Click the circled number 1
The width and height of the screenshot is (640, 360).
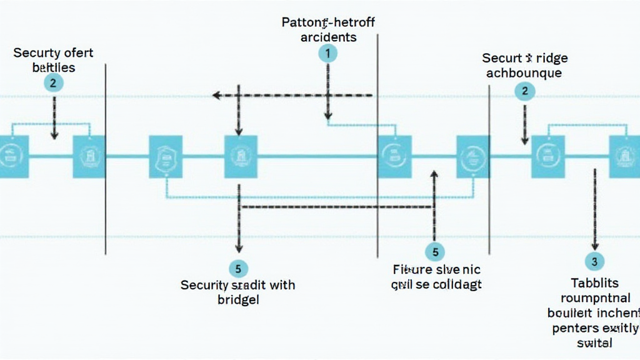pyautogui.click(x=327, y=54)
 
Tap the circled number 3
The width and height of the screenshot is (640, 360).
pyautogui.click(x=594, y=261)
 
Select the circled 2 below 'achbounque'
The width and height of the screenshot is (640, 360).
pyautogui.click(x=524, y=91)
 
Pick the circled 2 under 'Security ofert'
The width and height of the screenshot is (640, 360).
pyautogui.click(x=53, y=82)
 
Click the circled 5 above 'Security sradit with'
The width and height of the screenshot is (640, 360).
pyautogui.click(x=238, y=269)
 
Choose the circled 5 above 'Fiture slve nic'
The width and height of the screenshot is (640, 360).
pyautogui.click(x=435, y=252)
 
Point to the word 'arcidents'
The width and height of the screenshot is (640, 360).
pyautogui.click(x=328, y=37)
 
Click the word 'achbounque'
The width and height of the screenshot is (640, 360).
pyautogui.click(x=524, y=72)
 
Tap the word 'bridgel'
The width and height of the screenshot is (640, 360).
pyautogui.click(x=238, y=299)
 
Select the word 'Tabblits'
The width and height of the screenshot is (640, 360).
pyautogui.click(x=594, y=283)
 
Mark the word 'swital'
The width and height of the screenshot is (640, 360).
pyautogui.click(x=594, y=342)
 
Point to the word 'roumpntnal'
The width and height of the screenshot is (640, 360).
pyautogui.click(x=595, y=298)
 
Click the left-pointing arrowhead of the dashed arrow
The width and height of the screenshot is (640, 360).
pyautogui.click(x=216, y=96)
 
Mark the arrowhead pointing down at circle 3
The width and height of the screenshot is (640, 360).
pyautogui.click(x=594, y=247)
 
